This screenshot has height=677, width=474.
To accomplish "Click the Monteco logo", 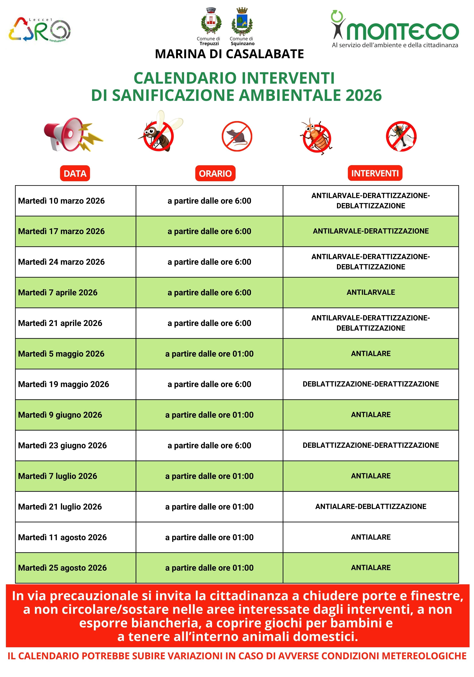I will [x=394, y=30].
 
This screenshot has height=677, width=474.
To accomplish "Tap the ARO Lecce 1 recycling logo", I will [x=40, y=30].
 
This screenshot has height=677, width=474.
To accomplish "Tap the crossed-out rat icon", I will [x=237, y=136].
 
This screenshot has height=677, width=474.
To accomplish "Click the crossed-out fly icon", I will [x=401, y=136].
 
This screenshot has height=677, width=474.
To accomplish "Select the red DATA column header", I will [x=75, y=173].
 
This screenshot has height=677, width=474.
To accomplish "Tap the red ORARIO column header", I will [x=215, y=173].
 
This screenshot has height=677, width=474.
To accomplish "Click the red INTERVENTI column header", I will [x=375, y=173].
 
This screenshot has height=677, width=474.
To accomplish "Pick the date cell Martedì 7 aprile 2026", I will [x=58, y=292].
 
